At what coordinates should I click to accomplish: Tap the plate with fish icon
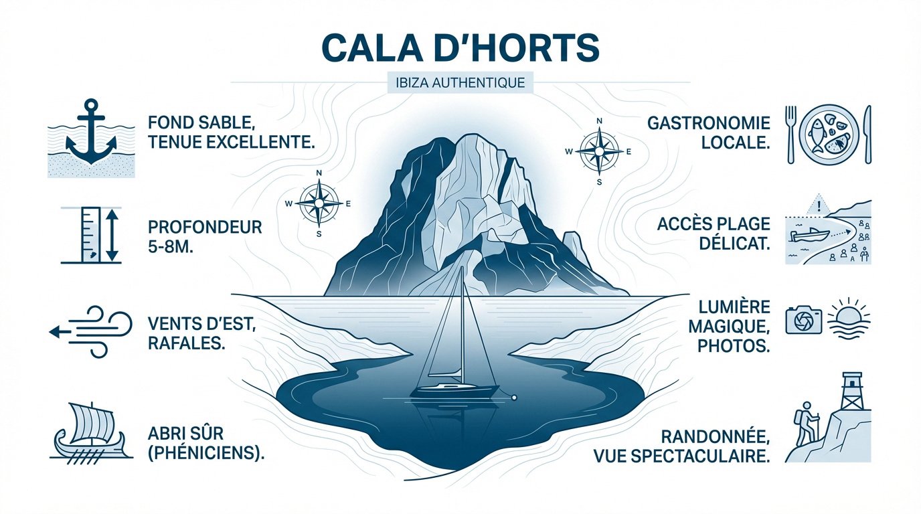829,134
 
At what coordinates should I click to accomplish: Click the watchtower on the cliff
852,392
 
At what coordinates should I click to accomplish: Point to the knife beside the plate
868,134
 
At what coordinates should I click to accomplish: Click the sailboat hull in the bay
454,390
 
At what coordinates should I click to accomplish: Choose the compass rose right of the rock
599,151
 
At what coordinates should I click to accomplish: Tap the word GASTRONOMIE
709,123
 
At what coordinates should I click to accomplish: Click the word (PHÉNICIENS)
205,452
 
